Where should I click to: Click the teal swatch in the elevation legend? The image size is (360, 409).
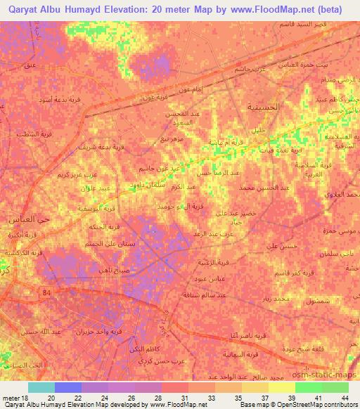coord(41,387)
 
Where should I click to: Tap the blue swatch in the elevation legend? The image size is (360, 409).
coord(67,387)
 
